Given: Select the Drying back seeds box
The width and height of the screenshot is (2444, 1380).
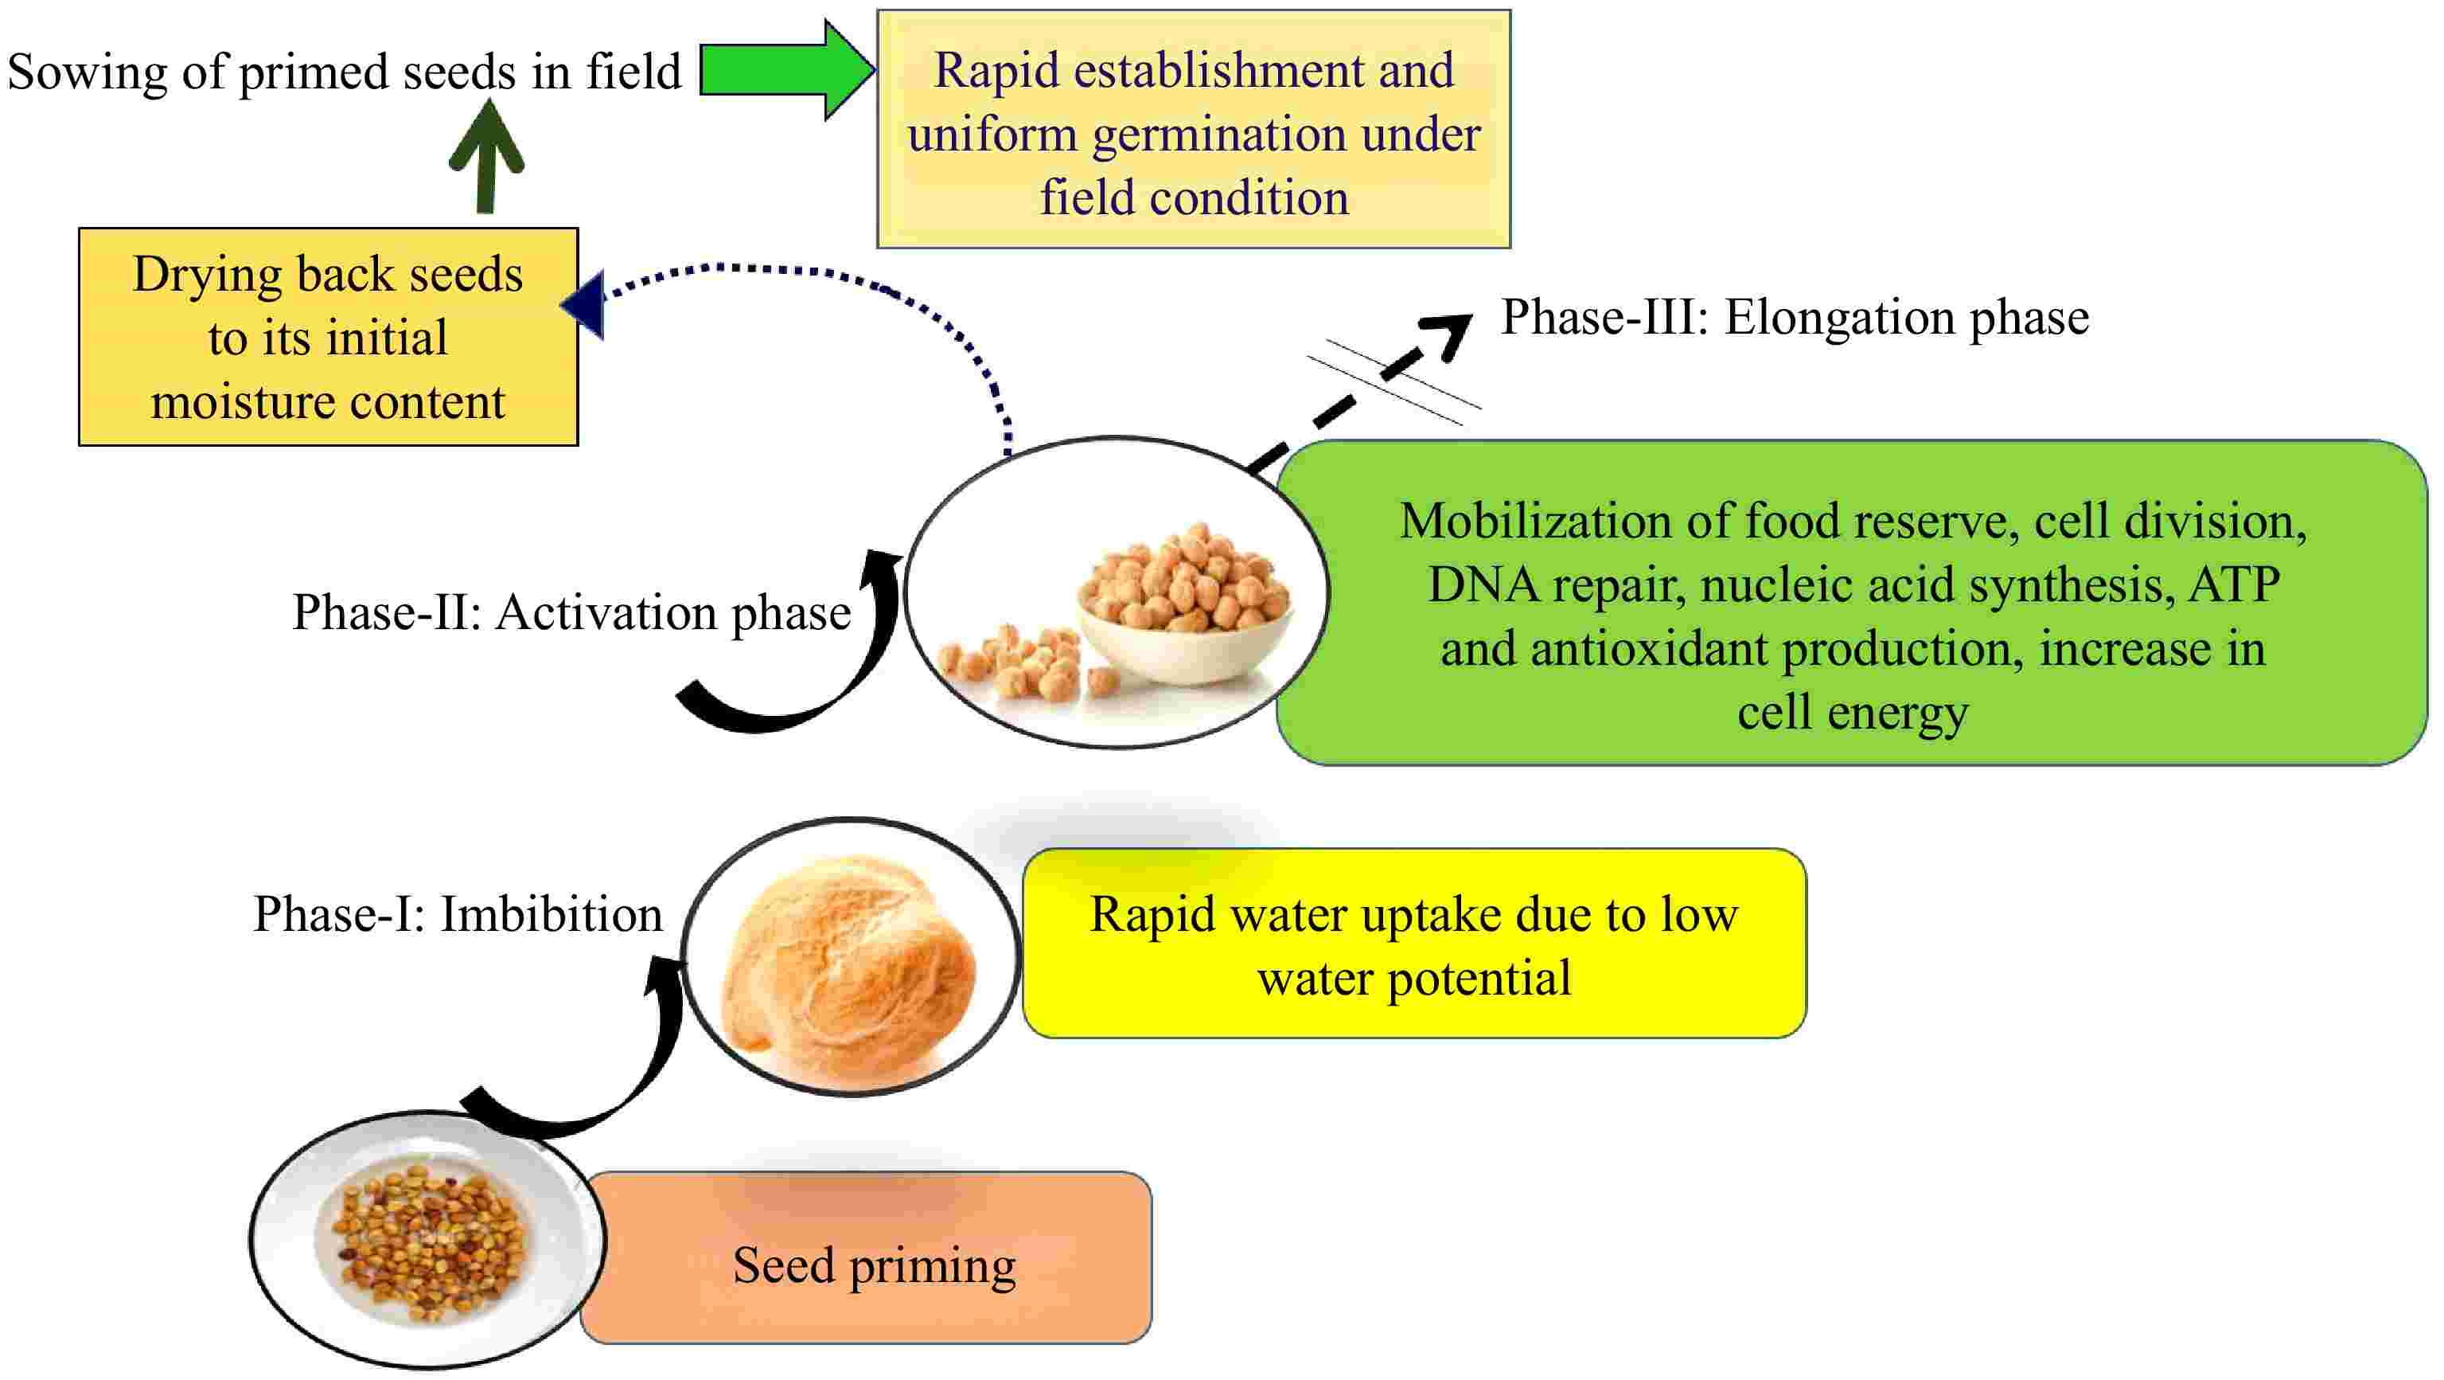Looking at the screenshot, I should click(328, 337).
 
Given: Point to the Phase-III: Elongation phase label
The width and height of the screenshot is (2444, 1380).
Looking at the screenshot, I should click(1794, 317).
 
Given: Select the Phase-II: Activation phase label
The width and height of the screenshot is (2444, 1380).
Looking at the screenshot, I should click(571, 612).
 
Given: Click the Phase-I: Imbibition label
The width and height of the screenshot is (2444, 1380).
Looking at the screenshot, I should click(458, 914).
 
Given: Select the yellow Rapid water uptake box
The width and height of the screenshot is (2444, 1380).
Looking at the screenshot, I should click(1413, 944).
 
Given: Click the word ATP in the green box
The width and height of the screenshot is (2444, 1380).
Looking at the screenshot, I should click(2235, 584).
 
